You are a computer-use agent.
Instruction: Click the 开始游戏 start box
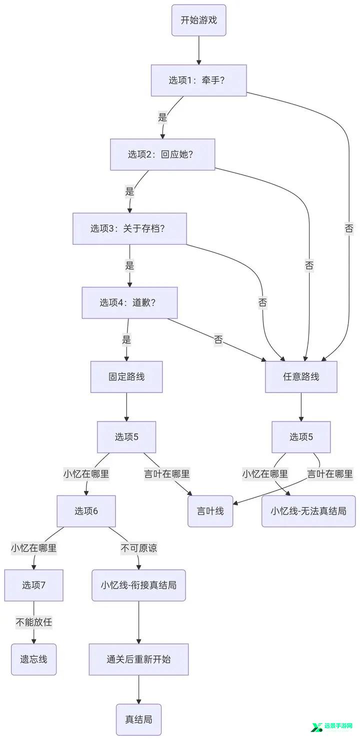tap(198, 20)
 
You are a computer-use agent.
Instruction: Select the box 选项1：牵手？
tap(198, 80)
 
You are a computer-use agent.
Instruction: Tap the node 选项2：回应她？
tap(162, 154)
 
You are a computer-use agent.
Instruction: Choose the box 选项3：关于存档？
tap(129, 228)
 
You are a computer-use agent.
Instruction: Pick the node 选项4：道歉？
tap(129, 302)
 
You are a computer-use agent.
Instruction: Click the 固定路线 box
tap(126, 376)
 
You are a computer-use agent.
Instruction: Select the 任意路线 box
tap(301, 376)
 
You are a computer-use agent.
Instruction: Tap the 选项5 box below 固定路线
tap(126, 436)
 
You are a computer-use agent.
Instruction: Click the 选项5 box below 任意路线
tap(301, 436)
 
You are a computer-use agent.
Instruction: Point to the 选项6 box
tap(86, 511)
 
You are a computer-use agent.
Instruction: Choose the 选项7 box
tap(33, 585)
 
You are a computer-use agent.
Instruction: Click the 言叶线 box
tap(210, 511)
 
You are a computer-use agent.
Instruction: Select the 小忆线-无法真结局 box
tap(308, 511)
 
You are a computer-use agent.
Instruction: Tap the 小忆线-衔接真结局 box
tap(138, 585)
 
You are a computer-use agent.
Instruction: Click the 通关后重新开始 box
tap(138, 659)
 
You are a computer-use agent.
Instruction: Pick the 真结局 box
tap(138, 719)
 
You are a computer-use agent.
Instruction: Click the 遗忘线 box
tap(33, 659)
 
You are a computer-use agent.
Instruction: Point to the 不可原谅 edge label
tap(138, 548)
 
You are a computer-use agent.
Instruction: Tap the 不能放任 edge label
tap(33, 622)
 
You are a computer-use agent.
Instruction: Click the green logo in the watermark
tap(316, 727)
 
